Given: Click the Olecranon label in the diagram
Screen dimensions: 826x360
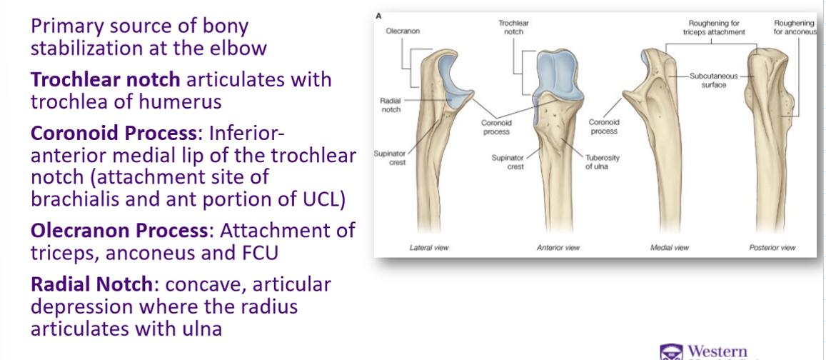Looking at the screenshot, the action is [x=401, y=31].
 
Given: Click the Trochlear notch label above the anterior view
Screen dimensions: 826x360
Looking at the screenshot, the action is [x=513, y=28].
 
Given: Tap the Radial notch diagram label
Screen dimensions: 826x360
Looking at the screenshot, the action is [x=390, y=105].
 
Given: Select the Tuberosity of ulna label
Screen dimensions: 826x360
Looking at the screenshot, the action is [x=598, y=161].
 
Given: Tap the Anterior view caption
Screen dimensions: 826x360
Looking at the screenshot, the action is [x=558, y=247].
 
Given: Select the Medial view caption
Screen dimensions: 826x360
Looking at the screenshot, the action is [x=670, y=247].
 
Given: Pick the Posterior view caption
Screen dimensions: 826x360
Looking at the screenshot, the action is [x=772, y=247].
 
